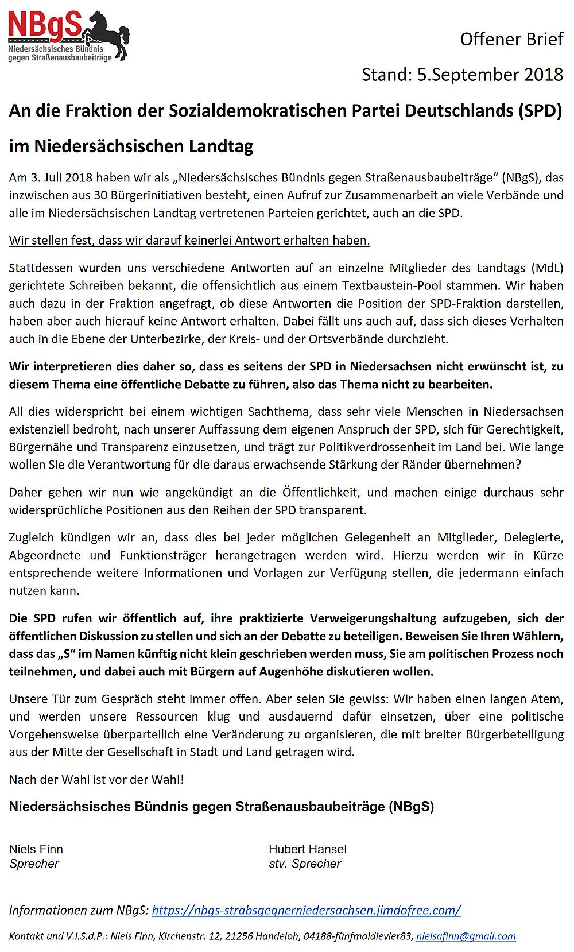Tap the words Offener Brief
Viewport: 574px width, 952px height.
tap(511, 39)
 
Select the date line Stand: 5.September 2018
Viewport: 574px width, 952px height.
tap(462, 75)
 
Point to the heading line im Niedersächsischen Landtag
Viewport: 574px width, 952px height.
tap(131, 146)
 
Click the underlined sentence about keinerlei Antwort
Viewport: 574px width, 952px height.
tap(189, 241)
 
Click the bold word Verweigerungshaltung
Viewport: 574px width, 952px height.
tap(373, 618)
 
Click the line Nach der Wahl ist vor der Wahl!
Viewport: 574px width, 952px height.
tap(96, 779)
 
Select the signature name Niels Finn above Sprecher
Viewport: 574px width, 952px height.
tap(36, 849)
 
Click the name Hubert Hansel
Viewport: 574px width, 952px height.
tap(308, 849)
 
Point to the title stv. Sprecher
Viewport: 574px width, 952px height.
tap(305, 864)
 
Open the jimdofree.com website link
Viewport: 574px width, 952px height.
tap(306, 910)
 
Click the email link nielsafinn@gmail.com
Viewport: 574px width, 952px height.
tap(466, 936)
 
